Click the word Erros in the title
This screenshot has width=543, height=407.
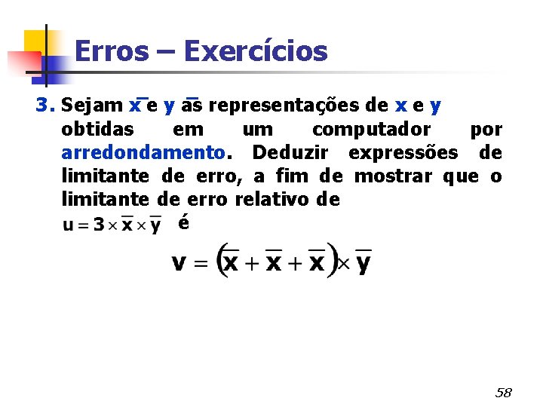pyautogui.click(x=112, y=51)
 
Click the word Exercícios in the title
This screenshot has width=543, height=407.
pyautogui.click(x=255, y=51)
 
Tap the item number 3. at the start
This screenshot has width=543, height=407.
pyautogui.click(x=46, y=105)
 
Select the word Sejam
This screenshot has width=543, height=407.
pyautogui.click(x=93, y=105)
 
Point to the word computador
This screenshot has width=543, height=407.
pyautogui.click(x=371, y=129)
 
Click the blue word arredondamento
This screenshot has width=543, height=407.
pyautogui.click(x=143, y=153)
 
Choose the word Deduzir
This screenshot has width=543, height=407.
pyautogui.click(x=290, y=153)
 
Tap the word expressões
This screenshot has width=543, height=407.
pyautogui.click(x=403, y=153)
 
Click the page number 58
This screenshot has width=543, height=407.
pyautogui.click(x=503, y=393)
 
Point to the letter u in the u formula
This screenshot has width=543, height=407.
pyautogui.click(x=68, y=225)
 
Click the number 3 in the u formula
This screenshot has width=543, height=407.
pyautogui.click(x=98, y=225)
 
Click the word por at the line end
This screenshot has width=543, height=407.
pyautogui.click(x=486, y=129)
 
